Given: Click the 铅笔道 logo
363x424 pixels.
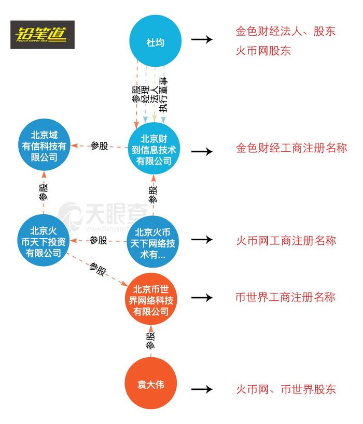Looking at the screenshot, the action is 43,35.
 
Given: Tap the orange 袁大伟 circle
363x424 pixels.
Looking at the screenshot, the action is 150,383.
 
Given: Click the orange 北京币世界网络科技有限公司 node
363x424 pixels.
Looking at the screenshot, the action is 151,299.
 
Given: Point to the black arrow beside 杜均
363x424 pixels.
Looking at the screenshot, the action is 202,39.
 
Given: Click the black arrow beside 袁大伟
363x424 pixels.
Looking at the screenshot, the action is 202,389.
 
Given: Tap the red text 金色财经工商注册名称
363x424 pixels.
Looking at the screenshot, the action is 291,148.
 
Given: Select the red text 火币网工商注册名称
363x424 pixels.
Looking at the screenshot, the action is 286,240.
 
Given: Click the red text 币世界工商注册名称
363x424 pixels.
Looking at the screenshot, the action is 286,297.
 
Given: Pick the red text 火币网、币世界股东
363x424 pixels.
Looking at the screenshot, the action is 286,390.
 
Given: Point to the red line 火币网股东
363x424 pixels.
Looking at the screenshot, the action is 263,51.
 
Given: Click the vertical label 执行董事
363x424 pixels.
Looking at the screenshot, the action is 163,95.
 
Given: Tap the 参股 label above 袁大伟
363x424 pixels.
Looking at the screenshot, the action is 150,341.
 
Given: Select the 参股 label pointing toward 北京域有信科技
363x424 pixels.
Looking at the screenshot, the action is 99,146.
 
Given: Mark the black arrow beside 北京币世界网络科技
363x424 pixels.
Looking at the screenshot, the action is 202,298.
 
